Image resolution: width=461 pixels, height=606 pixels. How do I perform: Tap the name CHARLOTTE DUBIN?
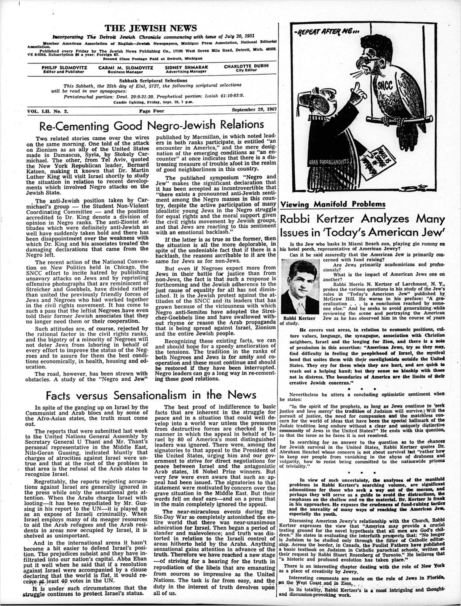coord(246,66)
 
